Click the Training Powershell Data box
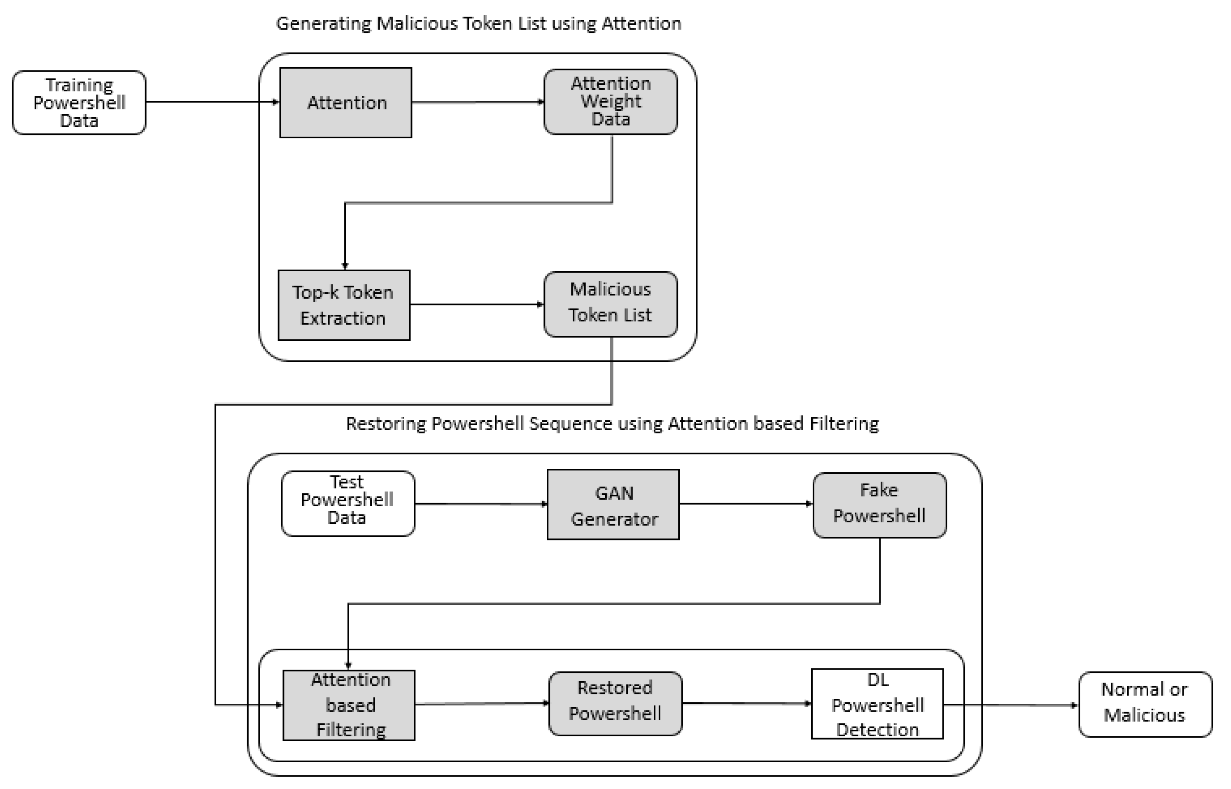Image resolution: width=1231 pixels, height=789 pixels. pyautogui.click(x=79, y=102)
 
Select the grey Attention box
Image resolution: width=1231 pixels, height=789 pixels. pyautogui.click(x=345, y=102)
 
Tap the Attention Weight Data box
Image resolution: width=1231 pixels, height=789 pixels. pyautogui.click(x=611, y=101)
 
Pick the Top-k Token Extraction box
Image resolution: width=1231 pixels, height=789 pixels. pyautogui.click(x=344, y=305)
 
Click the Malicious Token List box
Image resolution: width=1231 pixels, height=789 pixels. pyautogui.click(x=611, y=304)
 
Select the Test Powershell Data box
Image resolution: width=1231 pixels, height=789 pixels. pyautogui.click(x=347, y=504)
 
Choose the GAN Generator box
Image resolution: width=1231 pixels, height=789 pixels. pyautogui.click(x=613, y=505)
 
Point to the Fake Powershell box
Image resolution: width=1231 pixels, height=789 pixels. pyautogui.click(x=879, y=505)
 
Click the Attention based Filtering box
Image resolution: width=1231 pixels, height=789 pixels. pyautogui.click(x=349, y=705)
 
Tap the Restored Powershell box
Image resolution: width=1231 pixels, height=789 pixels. pyautogui.click(x=615, y=703)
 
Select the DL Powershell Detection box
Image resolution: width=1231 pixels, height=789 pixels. pyautogui.click(x=877, y=703)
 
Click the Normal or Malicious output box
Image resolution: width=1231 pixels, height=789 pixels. pyautogui.click(x=1145, y=704)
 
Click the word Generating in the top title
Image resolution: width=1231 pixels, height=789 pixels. pyautogui.click(x=323, y=23)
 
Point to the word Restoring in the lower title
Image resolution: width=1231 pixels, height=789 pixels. pyautogui.click(x=385, y=424)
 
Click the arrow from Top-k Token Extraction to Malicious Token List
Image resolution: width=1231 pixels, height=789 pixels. pyautogui.click(x=477, y=304)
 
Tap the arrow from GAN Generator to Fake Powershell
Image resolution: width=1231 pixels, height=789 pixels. pyautogui.click(x=746, y=504)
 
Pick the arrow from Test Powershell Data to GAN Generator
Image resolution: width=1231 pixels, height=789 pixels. pyautogui.click(x=481, y=504)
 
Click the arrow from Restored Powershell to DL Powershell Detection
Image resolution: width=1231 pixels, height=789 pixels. pyautogui.click(x=746, y=703)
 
